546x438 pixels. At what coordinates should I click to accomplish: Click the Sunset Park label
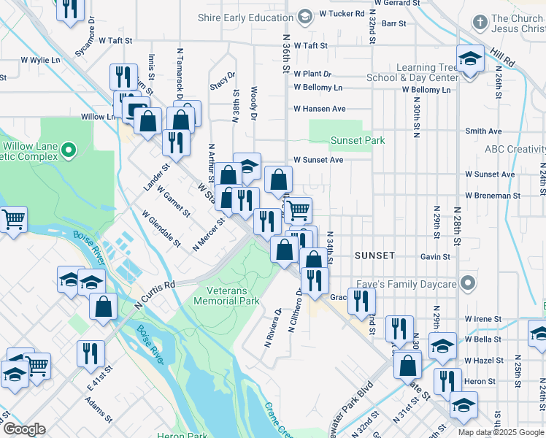coord(358,139)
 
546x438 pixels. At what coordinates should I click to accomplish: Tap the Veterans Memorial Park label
coord(228,296)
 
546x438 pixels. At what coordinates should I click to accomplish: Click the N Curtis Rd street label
coord(155,293)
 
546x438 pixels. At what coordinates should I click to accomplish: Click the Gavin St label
coord(435,256)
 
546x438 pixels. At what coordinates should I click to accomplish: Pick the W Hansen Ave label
coord(319,109)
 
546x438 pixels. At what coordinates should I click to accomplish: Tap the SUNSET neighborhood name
coord(374,255)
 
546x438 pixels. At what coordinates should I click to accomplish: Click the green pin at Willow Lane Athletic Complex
coord(69,151)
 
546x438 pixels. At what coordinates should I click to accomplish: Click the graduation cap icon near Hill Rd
coord(470,58)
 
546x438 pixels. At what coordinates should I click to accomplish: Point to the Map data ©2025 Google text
coord(501,432)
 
